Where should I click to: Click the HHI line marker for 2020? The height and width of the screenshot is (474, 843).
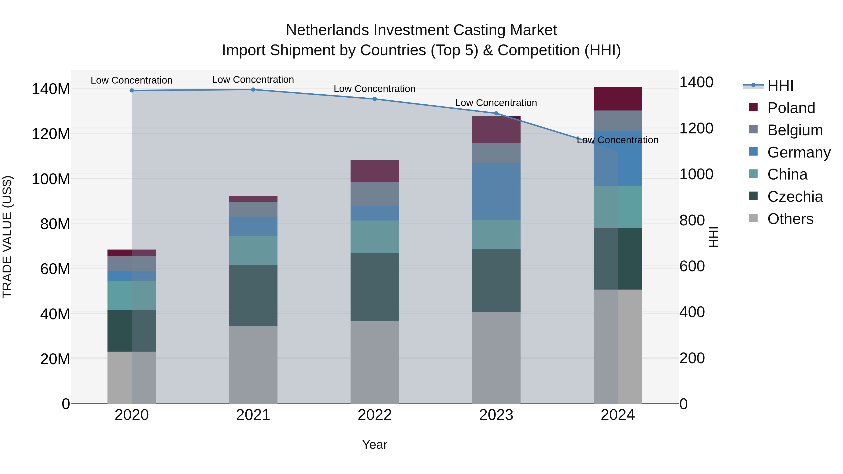(x=132, y=90)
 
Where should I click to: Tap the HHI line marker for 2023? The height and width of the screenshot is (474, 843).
(x=496, y=114)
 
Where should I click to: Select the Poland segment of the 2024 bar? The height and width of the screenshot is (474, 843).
(x=617, y=99)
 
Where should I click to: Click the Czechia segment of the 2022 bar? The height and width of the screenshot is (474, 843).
(x=375, y=287)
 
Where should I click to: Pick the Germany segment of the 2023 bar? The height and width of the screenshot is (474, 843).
(x=496, y=191)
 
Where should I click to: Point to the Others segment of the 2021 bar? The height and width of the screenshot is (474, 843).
(x=253, y=364)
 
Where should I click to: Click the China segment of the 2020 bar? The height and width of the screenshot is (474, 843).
(x=132, y=295)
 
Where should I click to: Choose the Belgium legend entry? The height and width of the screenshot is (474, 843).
(x=795, y=130)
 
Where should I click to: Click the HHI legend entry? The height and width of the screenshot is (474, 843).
(x=780, y=86)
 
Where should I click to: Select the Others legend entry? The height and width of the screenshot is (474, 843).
(x=790, y=219)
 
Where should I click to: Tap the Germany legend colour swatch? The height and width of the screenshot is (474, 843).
(x=753, y=152)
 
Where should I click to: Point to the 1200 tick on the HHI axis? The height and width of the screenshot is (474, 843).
(x=696, y=128)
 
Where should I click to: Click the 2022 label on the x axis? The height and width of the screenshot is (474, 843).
(x=375, y=415)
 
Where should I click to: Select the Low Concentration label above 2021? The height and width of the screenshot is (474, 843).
(x=253, y=80)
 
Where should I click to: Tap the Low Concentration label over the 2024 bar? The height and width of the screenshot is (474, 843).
(x=617, y=140)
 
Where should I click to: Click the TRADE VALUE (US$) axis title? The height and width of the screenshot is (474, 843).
(x=7, y=237)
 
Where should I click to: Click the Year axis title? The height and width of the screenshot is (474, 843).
(x=375, y=445)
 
